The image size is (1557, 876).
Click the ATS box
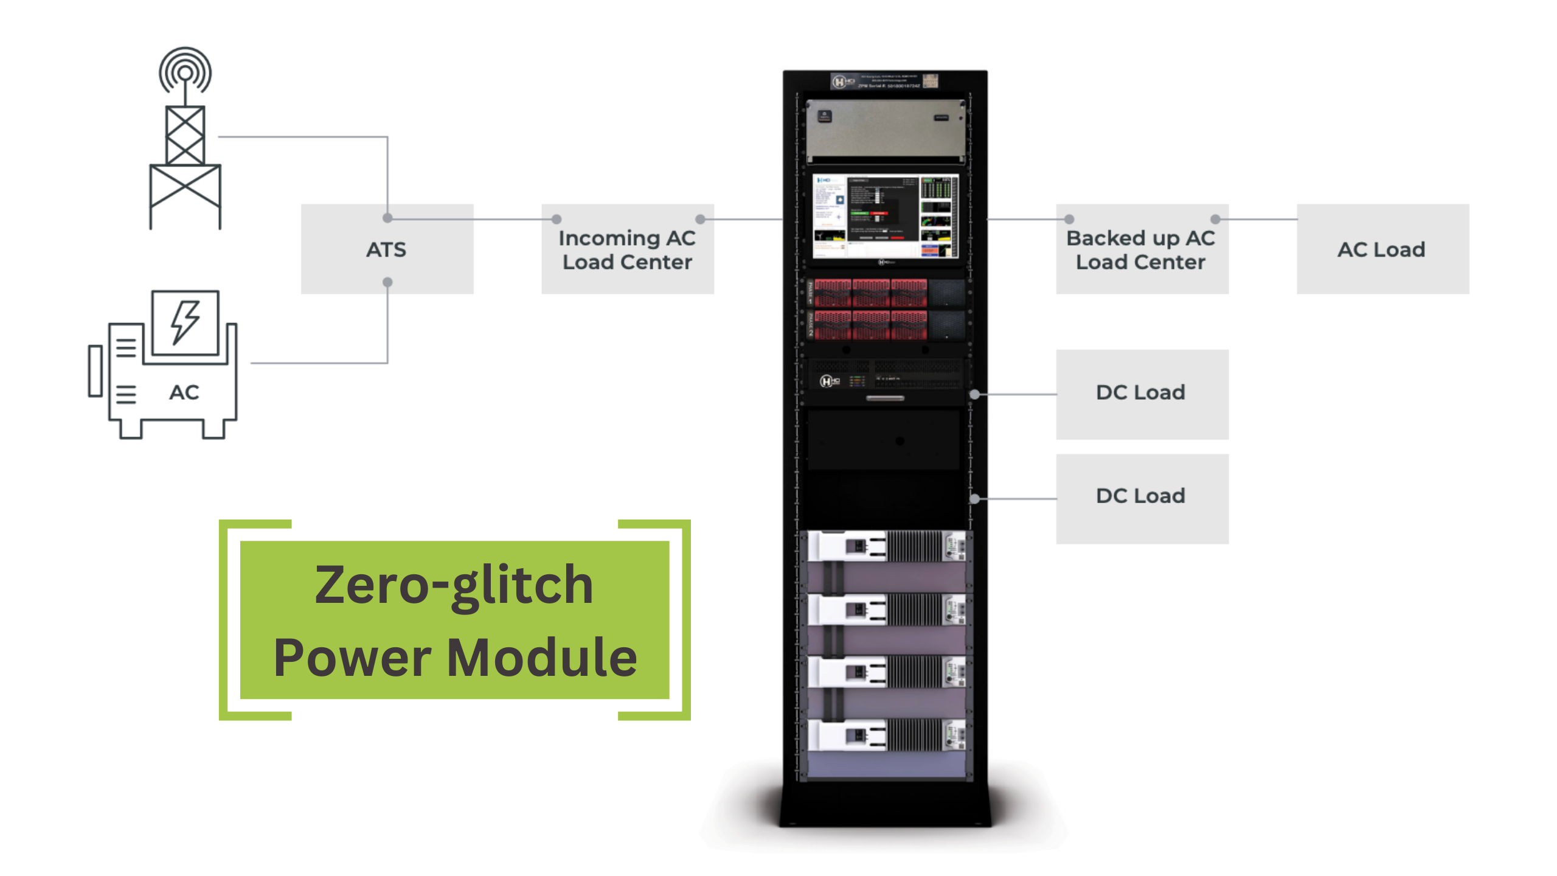click(387, 249)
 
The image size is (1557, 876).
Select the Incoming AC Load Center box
click(627, 250)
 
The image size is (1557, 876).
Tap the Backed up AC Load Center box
click(1141, 250)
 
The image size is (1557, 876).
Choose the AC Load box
click(1382, 249)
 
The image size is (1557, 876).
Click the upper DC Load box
click(1141, 393)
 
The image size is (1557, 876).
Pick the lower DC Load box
click(1141, 497)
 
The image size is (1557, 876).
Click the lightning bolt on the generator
click(185, 322)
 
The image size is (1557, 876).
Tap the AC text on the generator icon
click(184, 392)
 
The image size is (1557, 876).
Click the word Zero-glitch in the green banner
click(454, 585)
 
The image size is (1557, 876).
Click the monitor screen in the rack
click(886, 216)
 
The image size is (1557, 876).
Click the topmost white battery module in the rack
click(886, 546)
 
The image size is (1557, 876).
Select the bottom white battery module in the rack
click(886, 736)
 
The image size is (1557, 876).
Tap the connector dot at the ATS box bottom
click(387, 282)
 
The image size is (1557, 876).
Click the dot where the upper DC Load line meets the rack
click(975, 394)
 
